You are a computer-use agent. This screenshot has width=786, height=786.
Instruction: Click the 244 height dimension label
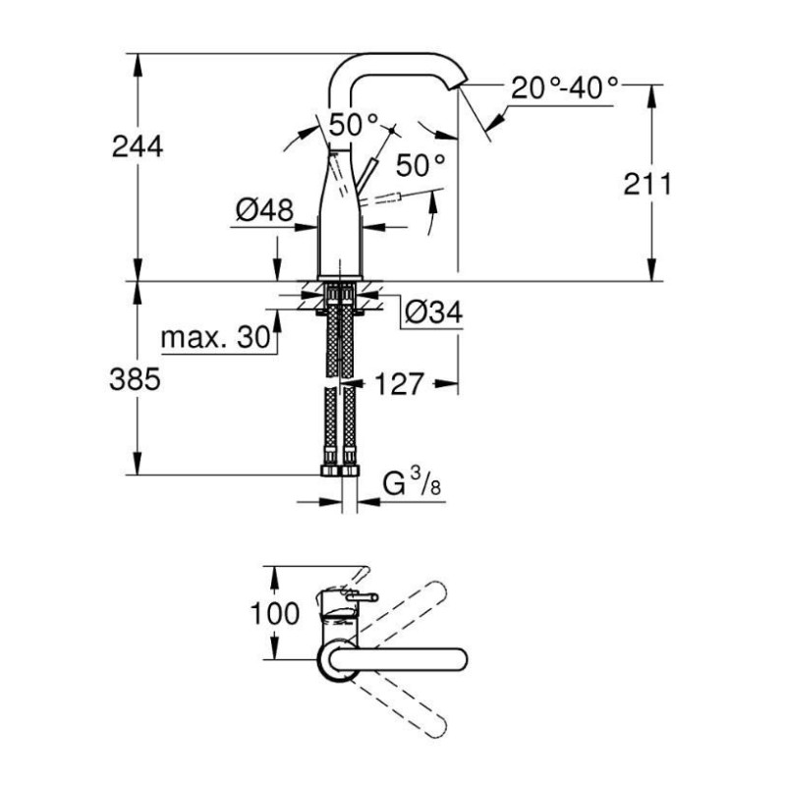(x=138, y=146)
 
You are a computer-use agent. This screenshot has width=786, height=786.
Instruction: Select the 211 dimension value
(x=647, y=184)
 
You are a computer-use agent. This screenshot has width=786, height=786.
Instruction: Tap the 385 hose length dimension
(x=135, y=379)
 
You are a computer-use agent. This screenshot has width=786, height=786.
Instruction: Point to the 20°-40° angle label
(x=564, y=88)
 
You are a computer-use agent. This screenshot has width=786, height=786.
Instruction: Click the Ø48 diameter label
(x=264, y=209)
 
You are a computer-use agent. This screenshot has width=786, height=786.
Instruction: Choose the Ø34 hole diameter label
(x=433, y=312)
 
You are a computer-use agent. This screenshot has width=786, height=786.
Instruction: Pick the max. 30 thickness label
(x=215, y=337)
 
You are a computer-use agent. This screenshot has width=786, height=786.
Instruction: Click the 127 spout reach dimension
(x=400, y=384)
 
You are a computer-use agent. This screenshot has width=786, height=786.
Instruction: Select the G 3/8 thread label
(x=412, y=482)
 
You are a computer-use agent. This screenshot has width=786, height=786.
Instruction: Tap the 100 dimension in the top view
(x=275, y=613)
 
